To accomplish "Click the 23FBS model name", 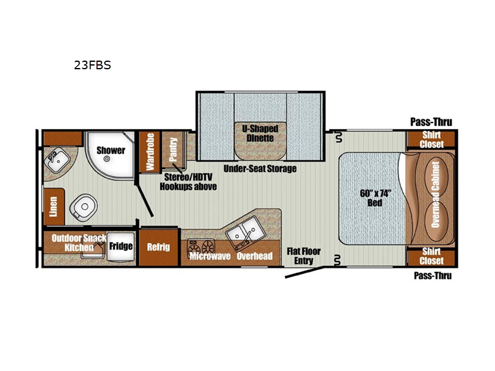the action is click(x=92, y=65).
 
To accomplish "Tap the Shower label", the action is click(x=111, y=150).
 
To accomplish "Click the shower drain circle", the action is click(x=107, y=159).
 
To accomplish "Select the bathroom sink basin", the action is click(x=57, y=160).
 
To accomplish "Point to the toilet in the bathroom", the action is click(x=83, y=207).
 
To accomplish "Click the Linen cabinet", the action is click(x=54, y=207).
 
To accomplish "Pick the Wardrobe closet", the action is click(x=150, y=151).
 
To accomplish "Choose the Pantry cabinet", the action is click(x=173, y=150).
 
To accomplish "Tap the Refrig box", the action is click(x=158, y=247).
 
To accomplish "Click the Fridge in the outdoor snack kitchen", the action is click(x=121, y=246).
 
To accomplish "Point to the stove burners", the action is click(x=201, y=246).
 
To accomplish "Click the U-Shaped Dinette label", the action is click(x=260, y=134).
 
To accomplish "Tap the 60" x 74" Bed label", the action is click(x=375, y=198).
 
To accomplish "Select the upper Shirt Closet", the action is click(x=431, y=139).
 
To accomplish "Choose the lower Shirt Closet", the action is click(x=431, y=256).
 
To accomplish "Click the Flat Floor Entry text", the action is click(x=304, y=256).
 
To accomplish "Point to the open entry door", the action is click(x=304, y=273).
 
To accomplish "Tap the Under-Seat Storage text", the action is click(x=260, y=169).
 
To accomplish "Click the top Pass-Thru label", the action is click(x=431, y=122).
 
